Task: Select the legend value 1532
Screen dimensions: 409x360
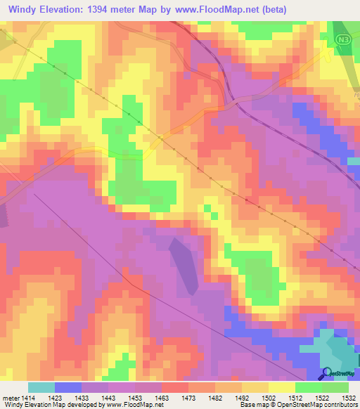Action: [x=349, y=397]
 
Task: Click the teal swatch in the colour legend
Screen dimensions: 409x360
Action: [x=41, y=387]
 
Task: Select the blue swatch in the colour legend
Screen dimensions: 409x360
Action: [x=68, y=387]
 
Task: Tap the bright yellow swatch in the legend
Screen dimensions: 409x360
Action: [x=281, y=387]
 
